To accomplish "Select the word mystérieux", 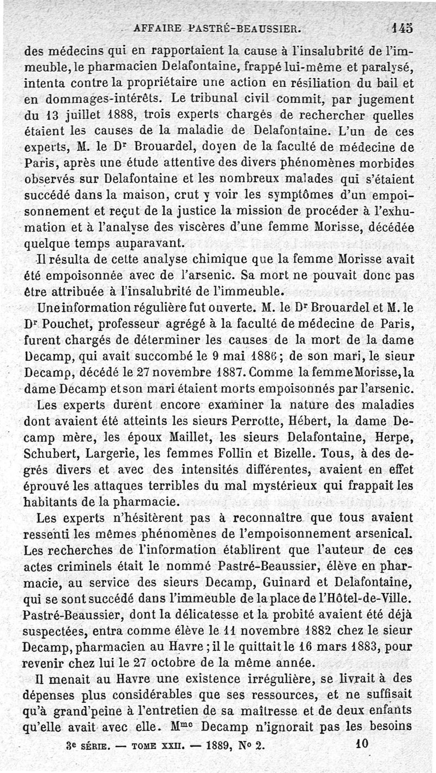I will (253, 486).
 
